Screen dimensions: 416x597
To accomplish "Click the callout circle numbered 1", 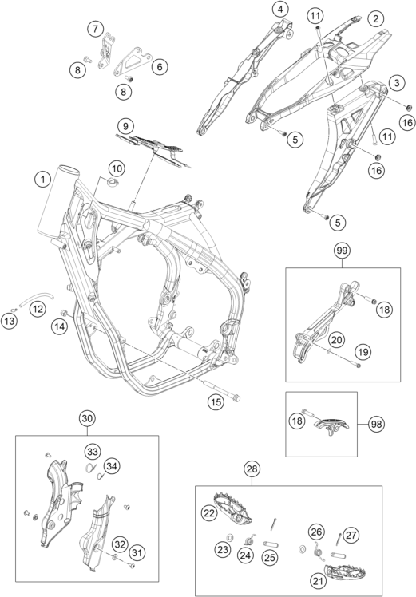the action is (x=43, y=179).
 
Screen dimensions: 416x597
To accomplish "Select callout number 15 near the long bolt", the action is (x=216, y=401).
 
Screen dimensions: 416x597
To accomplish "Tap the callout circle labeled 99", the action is (x=342, y=251).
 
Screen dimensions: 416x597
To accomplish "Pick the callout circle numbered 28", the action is (x=252, y=469).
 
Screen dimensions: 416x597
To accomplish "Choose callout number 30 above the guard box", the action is (x=87, y=418).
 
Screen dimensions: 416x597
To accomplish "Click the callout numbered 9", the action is (x=125, y=125).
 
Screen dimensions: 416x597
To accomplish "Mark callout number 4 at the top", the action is (x=281, y=10).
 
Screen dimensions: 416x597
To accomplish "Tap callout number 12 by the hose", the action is (x=38, y=309).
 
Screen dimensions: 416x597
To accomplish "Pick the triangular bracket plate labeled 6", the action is (x=131, y=61).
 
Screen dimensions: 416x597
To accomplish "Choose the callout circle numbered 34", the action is (x=112, y=465).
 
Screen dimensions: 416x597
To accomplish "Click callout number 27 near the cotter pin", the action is (x=351, y=535).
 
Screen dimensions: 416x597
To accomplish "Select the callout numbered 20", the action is (x=336, y=339).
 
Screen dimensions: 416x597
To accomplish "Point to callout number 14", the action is (x=60, y=326).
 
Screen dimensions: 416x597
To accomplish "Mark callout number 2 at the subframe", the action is (x=375, y=18).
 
